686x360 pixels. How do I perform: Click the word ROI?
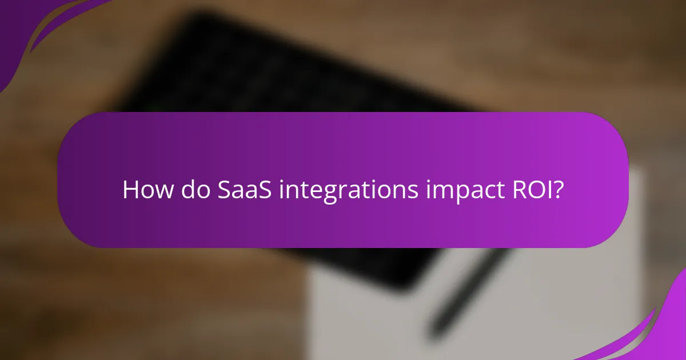(525, 190)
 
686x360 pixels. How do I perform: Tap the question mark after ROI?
(558, 190)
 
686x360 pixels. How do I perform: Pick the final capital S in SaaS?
(267, 190)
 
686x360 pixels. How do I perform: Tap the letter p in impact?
(453, 194)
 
